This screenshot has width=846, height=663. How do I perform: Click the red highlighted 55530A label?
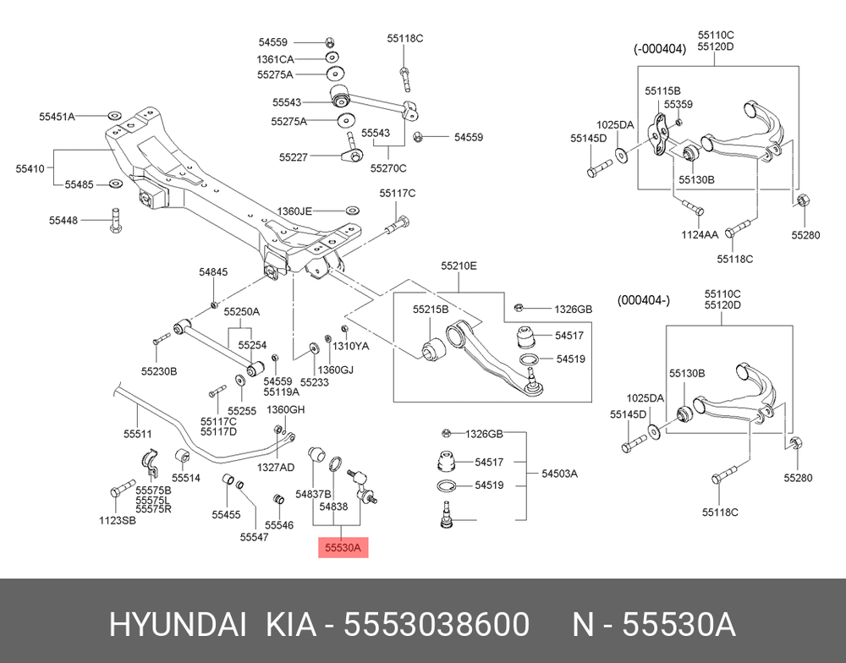(343, 548)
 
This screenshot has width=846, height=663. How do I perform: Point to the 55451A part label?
(58, 116)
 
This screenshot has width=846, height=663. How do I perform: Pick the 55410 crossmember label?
(30, 169)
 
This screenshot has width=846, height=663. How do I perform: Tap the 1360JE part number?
(294, 211)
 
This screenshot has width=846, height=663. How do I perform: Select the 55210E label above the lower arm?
(459, 266)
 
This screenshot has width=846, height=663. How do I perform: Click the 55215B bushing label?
(431, 310)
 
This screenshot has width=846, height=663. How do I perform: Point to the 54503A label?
(560, 474)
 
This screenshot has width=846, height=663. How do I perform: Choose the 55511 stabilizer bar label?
(137, 434)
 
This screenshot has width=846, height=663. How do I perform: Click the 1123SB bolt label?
(118, 519)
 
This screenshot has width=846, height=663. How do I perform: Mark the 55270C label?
(388, 167)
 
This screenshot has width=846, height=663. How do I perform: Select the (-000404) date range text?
(660, 49)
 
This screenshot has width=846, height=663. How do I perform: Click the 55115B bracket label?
(662, 90)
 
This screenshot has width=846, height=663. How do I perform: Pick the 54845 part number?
(213, 272)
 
